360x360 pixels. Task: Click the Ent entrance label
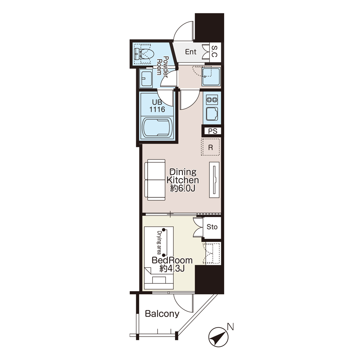[x=190, y=52]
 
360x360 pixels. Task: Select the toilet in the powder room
[x=144, y=54]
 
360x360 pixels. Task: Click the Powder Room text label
[x=162, y=65]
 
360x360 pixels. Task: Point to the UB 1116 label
[x=157, y=106]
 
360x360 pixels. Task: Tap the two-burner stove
[x=212, y=100]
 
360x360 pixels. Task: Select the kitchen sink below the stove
[x=212, y=114]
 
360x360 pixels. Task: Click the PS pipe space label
[x=213, y=131]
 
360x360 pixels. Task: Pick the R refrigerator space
[x=210, y=147]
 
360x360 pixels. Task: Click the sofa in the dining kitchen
[x=155, y=180]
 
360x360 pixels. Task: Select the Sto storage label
[x=212, y=227]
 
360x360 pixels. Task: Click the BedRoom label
[x=172, y=260]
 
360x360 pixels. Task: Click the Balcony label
[x=162, y=313]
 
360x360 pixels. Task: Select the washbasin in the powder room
[x=146, y=79]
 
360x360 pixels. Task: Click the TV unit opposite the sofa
[x=214, y=180]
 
